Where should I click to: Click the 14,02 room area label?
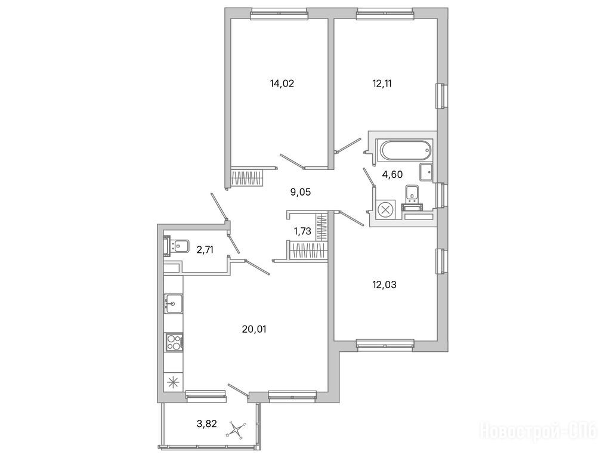282,83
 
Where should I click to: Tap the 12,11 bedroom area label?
382,83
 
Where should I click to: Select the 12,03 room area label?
384,285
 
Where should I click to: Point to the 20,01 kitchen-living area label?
254,329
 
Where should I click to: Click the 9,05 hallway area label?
300,191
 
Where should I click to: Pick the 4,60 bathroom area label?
392,174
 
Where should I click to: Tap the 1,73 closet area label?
302,231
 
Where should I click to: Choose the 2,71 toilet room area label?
205,250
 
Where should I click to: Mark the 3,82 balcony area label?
207,424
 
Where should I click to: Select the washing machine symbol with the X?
385,211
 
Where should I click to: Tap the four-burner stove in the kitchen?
174,342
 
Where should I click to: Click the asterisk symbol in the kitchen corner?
172,383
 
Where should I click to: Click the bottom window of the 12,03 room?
385,345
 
